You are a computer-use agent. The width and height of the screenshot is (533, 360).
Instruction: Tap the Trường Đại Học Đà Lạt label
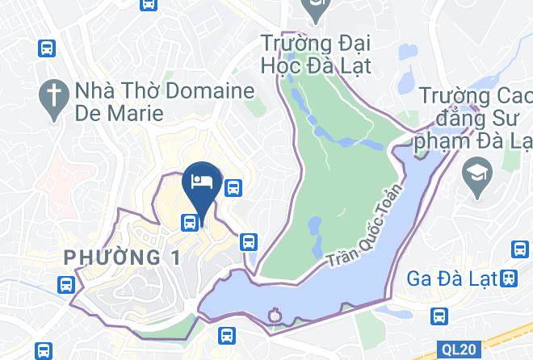coord(316,52)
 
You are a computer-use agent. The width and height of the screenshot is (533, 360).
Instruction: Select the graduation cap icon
coord(474,171)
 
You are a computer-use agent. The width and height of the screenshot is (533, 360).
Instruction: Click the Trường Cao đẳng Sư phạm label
coord(474,121)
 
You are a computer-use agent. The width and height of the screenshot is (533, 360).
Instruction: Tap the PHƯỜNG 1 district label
coord(123,257)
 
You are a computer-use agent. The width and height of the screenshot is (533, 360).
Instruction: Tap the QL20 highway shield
coord(459,350)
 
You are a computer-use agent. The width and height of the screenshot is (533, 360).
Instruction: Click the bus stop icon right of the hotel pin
coord(234,188)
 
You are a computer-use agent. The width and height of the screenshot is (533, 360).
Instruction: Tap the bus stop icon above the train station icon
coord(518,249)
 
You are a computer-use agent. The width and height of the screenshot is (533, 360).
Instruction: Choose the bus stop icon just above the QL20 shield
coord(439,315)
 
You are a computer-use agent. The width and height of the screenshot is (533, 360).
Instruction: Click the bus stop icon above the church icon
coord(47,48)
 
